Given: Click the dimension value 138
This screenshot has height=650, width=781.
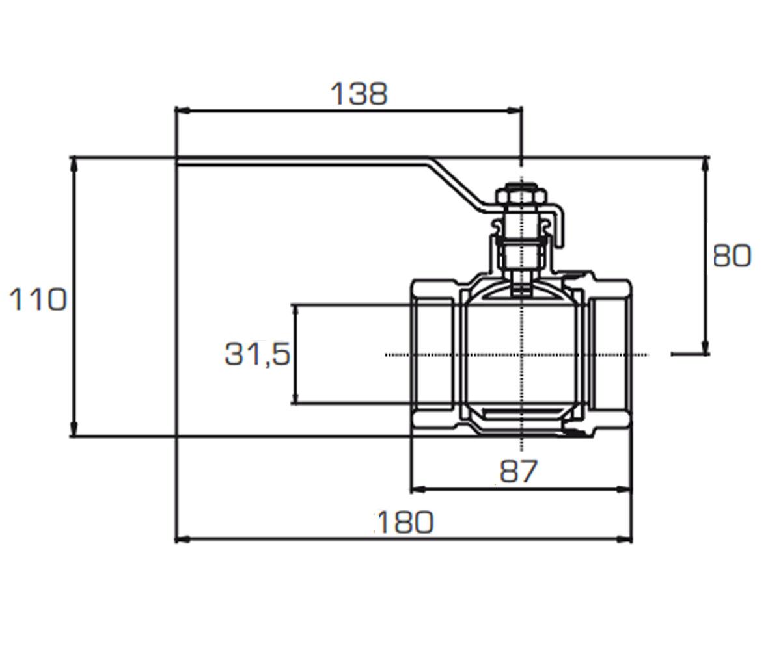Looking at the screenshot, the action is click(x=359, y=94).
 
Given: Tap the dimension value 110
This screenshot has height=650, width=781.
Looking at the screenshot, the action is click(x=37, y=299).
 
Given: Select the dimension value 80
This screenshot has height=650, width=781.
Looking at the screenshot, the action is click(x=732, y=256).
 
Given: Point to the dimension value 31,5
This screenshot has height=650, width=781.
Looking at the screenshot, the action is click(x=257, y=354).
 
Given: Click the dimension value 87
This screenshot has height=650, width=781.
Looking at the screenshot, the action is click(x=519, y=471).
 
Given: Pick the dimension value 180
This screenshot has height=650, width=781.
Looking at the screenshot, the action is click(x=405, y=522).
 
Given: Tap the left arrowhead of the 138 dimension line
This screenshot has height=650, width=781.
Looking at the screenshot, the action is click(x=183, y=111).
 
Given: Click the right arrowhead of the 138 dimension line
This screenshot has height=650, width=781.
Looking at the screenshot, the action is click(x=514, y=111).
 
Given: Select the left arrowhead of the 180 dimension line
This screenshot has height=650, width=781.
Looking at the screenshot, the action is click(x=183, y=539).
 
